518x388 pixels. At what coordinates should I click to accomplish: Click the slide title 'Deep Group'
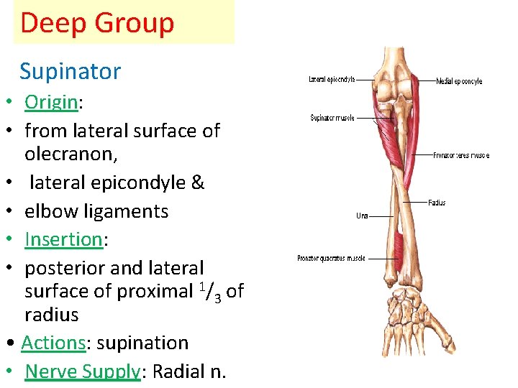pyautogui.click(x=97, y=23)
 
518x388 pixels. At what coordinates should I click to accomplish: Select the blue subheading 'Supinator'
pyautogui.click(x=70, y=71)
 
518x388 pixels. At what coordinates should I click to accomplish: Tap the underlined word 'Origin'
pyautogui.click(x=51, y=102)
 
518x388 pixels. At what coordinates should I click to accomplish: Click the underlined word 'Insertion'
pyautogui.click(x=63, y=239)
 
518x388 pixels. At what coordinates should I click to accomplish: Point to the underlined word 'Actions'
pyautogui.click(x=54, y=343)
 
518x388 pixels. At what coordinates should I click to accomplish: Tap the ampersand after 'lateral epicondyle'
pyautogui.click(x=198, y=183)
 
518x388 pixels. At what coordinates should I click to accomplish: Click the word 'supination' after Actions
pyautogui.click(x=142, y=343)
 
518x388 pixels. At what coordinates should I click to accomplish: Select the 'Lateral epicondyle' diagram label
pyautogui.click(x=332, y=79)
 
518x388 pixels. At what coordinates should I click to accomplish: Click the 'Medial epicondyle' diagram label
pyautogui.click(x=459, y=81)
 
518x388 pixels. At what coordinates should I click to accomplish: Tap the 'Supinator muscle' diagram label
pyautogui.click(x=332, y=118)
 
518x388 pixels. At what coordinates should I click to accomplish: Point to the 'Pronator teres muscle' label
pyautogui.click(x=461, y=155)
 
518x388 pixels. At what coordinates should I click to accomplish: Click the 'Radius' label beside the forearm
pyautogui.click(x=437, y=203)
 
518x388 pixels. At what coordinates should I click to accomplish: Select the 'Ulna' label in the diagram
pyautogui.click(x=363, y=215)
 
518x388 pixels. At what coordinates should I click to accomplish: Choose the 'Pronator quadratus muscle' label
pyautogui.click(x=332, y=258)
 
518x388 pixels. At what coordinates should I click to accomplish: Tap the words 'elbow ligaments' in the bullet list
pyautogui.click(x=96, y=211)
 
